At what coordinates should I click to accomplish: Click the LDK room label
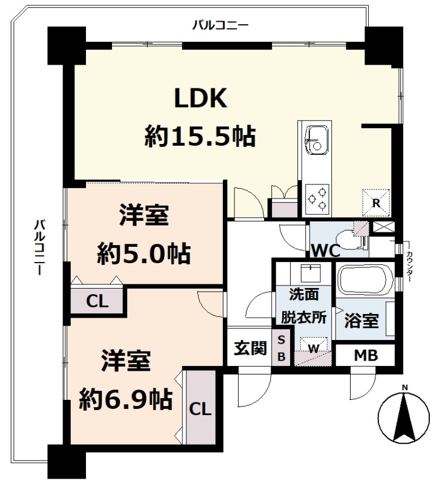pos(201,98)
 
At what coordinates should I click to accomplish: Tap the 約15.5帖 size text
pos(200,136)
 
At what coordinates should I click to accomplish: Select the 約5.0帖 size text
pos(144,253)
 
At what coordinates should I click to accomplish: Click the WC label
pos(326,250)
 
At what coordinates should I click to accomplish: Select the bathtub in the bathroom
pos(365,280)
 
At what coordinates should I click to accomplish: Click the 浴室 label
pos(362,321)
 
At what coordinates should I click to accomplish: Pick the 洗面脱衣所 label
pos(303,306)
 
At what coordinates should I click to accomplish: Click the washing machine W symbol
pos(313,348)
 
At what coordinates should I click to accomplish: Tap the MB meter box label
pos(366,355)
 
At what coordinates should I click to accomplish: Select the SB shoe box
pos(281,348)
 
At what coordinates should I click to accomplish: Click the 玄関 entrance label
pos(250,348)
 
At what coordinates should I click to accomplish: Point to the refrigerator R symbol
pos(376,203)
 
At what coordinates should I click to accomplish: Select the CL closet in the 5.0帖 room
pos(97,301)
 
